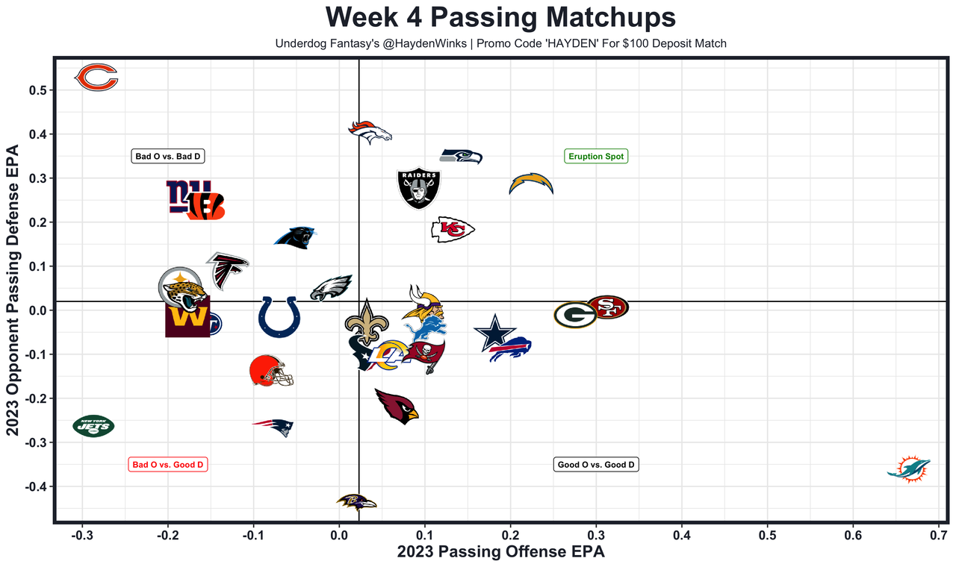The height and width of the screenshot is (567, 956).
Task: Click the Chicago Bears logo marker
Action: coord(97,78)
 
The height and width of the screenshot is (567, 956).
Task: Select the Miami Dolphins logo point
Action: coord(909,469)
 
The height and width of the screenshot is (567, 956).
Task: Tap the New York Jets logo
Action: coord(94,426)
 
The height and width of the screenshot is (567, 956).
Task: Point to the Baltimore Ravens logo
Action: coord(356,501)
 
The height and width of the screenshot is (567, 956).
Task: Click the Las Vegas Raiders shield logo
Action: coord(418,188)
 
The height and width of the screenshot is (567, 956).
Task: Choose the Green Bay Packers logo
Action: coord(575,315)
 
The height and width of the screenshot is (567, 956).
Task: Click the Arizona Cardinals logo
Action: coord(397,406)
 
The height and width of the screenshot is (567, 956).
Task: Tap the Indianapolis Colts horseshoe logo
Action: coord(279,317)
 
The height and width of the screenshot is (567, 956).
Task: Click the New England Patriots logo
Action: coord(273,427)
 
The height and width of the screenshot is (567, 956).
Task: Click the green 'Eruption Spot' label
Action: coord(596,157)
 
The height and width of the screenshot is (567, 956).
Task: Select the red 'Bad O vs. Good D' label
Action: coord(168,465)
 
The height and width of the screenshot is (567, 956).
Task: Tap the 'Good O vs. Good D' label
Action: coord(596,465)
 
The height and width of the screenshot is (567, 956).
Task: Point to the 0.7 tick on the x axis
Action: coord(939,536)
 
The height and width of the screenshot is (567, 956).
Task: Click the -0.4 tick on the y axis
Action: coord(36,486)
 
